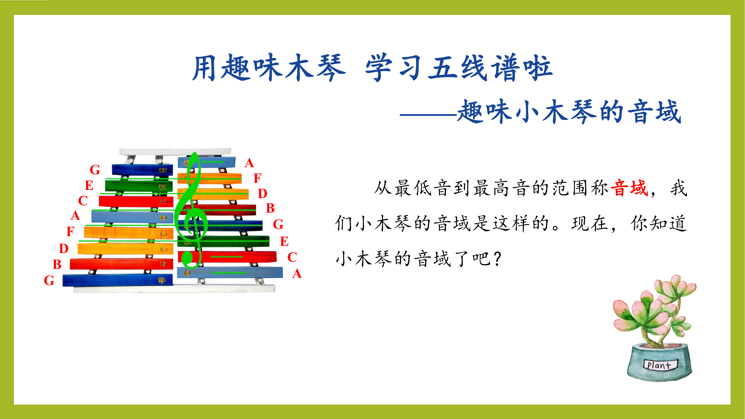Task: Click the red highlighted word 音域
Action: click(x=629, y=188)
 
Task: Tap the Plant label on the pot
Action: click(x=659, y=365)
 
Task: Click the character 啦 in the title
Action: click(x=538, y=68)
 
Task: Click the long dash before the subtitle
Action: click(x=428, y=115)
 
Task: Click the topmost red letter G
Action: click(x=95, y=170)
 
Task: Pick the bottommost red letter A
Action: click(x=297, y=274)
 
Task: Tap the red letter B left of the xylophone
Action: click(x=57, y=264)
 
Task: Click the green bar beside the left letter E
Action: click(x=139, y=186)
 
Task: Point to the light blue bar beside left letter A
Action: click(x=132, y=217)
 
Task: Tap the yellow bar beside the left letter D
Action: click(x=125, y=249)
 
